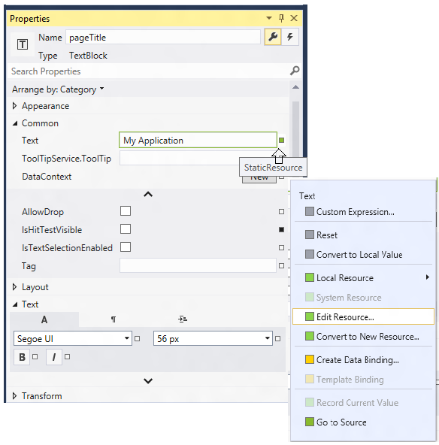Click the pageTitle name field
coord(163,37)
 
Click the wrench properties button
coord(273,37)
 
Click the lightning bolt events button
coord(290,37)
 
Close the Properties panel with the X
coord(294,18)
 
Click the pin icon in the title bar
coord(281,18)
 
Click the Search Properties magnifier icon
coord(295,71)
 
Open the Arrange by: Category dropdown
coord(58,89)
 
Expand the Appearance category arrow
coord(14,106)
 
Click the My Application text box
coord(198,140)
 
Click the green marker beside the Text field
coord(281,140)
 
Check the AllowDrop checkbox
coord(126,211)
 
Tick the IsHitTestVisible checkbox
coord(126,229)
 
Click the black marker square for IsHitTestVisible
coord(281,229)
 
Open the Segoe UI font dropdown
coord(73,338)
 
